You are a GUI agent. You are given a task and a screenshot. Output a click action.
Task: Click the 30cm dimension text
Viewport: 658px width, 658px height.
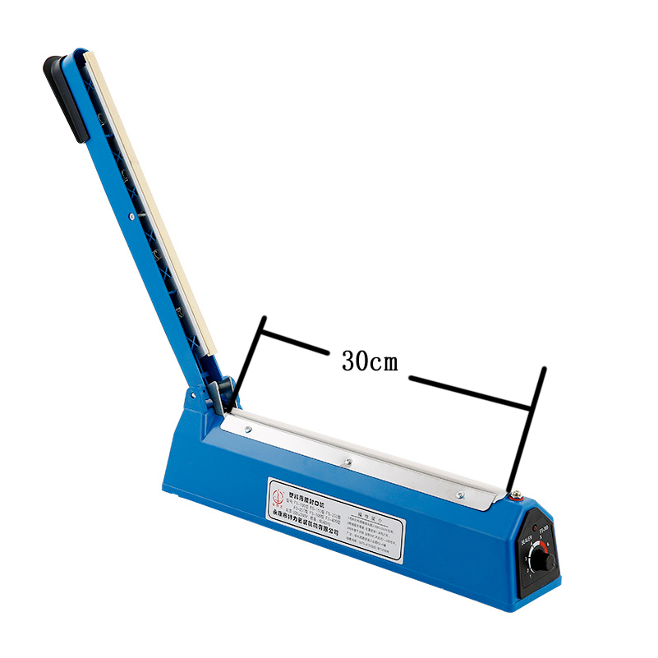click(370, 362)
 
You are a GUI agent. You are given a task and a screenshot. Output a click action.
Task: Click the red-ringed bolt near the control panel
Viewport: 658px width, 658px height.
click(517, 495)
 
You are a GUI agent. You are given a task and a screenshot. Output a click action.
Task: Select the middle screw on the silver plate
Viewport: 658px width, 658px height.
click(347, 462)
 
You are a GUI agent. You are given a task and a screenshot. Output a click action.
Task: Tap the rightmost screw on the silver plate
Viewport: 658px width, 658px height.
click(461, 494)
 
